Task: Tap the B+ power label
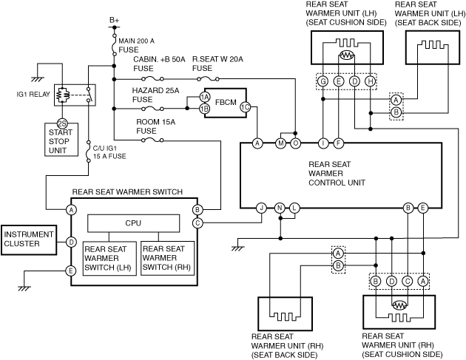[x=114, y=19]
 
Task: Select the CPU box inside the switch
[x=133, y=223]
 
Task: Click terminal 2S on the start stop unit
[x=63, y=123]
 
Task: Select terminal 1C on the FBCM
[x=245, y=107]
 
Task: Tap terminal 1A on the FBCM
[x=205, y=97]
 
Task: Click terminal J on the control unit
[x=262, y=208]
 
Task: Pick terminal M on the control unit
[x=280, y=143]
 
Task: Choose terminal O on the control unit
[x=295, y=143]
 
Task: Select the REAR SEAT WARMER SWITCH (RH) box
[x=167, y=257]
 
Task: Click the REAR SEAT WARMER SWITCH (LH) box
[x=109, y=257]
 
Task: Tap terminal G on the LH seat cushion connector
[x=323, y=80]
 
